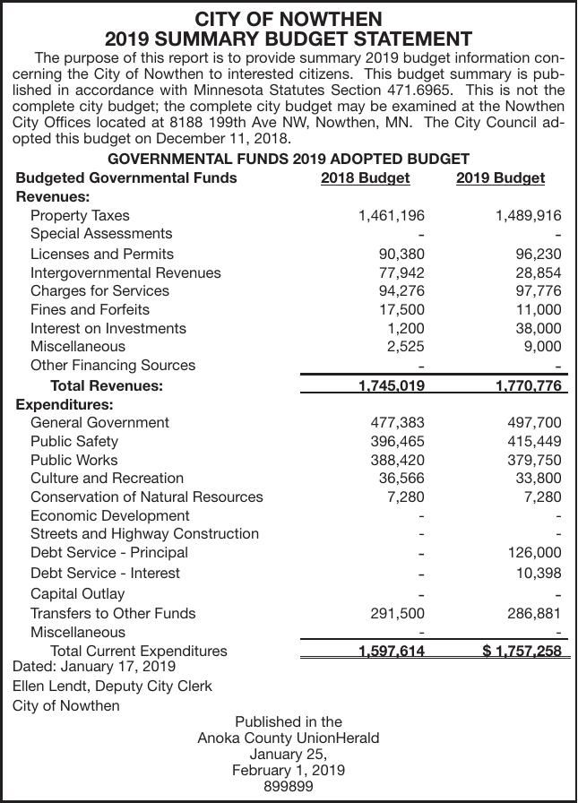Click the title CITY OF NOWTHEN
tap(289, 19)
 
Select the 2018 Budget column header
tap(365, 177)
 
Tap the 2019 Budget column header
tap(500, 177)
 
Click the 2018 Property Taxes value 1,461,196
tap(391, 216)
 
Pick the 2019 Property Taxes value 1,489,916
tap(528, 216)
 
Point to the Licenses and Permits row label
tap(102, 254)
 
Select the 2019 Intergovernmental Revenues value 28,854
tap(538, 272)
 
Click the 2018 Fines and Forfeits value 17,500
tap(401, 310)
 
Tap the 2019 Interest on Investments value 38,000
tap(538, 329)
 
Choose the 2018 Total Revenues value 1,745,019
tap(391, 386)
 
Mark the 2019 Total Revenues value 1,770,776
tap(528, 386)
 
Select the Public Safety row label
tap(74, 441)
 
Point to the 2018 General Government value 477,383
tap(398, 422)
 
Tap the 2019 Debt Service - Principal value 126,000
tap(534, 553)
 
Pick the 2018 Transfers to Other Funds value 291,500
tap(398, 614)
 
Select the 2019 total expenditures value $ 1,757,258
tap(522, 652)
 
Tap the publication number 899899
tap(289, 786)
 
